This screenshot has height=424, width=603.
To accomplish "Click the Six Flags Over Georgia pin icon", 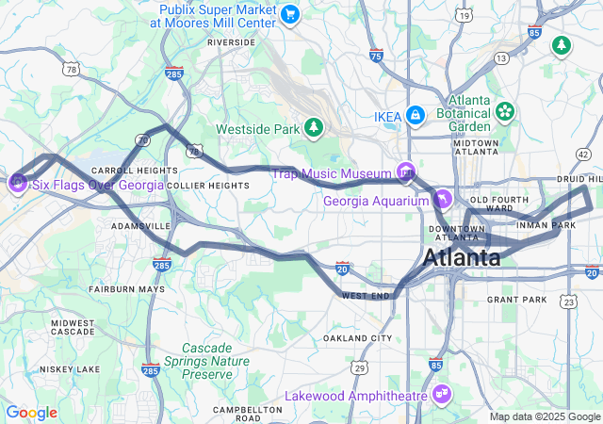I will [18, 181].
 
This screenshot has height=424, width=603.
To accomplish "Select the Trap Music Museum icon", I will [406, 171].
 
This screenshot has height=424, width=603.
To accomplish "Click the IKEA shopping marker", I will [415, 115].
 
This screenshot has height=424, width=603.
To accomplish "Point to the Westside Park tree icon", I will [313, 127].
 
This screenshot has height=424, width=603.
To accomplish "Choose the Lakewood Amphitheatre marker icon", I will [441, 393].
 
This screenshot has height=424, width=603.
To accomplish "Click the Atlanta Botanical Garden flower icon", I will [506, 111].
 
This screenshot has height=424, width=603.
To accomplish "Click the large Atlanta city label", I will [462, 257].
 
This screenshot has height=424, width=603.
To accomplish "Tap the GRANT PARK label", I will [516, 300].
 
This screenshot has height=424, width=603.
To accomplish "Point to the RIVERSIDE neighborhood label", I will [231, 42].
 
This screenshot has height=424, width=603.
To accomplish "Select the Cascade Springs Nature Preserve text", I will [206, 361].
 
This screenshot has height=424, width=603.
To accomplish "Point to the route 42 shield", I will [583, 154].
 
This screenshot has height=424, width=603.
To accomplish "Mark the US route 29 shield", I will [360, 367].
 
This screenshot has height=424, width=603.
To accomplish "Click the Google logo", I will [31, 413].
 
